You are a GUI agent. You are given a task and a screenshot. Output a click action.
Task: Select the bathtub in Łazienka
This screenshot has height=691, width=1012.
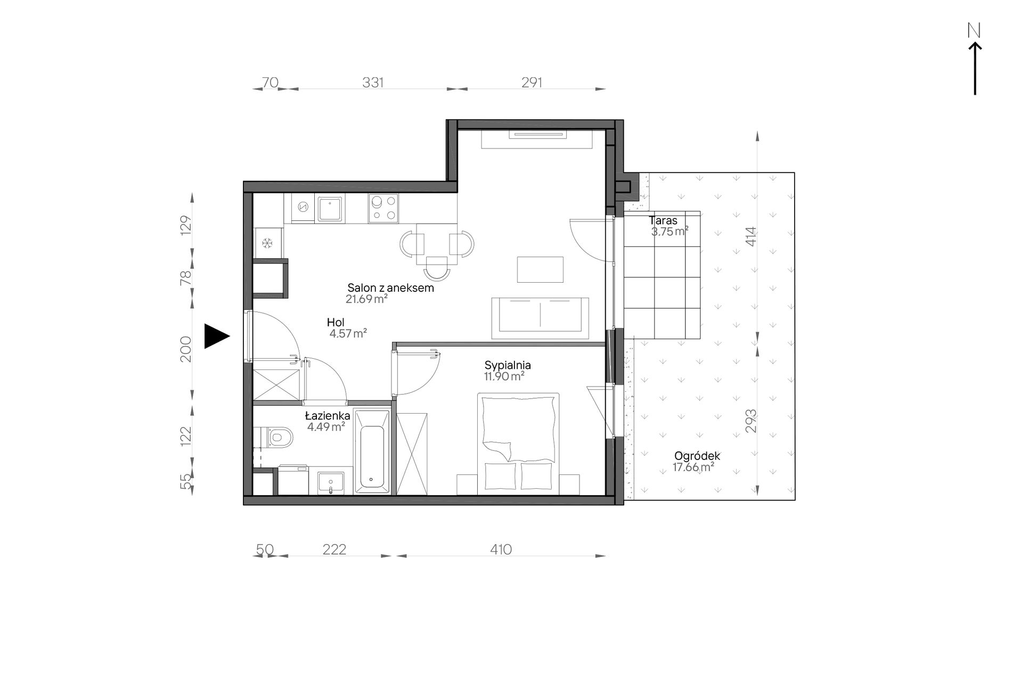(372, 451)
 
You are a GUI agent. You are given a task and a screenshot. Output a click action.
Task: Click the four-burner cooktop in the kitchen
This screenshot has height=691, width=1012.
(383, 208)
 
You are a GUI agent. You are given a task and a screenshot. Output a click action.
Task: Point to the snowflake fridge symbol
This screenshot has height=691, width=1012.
(267, 243)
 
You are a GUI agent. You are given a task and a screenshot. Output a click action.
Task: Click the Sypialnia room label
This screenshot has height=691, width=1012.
(508, 365)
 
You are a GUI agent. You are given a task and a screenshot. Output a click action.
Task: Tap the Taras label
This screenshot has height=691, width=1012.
(663, 220)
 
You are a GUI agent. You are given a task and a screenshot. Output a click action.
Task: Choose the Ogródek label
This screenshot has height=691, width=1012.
(697, 456)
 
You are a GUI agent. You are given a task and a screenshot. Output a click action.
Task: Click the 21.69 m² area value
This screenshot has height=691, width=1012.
(366, 299)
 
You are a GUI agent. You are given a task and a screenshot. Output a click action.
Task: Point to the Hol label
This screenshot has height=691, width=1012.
(336, 322)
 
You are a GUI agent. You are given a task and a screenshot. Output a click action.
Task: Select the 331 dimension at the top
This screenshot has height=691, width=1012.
(373, 83)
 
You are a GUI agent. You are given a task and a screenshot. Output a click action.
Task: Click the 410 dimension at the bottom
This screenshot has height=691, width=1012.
(501, 549)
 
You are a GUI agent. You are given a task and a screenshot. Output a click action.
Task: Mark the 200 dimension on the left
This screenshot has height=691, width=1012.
(185, 349)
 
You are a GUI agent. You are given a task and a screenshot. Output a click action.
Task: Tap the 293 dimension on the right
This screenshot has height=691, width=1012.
(750, 421)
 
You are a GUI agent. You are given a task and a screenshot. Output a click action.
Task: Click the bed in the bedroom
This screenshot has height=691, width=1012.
(518, 443)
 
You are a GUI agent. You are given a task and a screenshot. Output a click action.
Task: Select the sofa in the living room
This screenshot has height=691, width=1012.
(541, 318)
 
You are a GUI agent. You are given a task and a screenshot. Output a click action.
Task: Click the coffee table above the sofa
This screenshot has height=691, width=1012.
(540, 269)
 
